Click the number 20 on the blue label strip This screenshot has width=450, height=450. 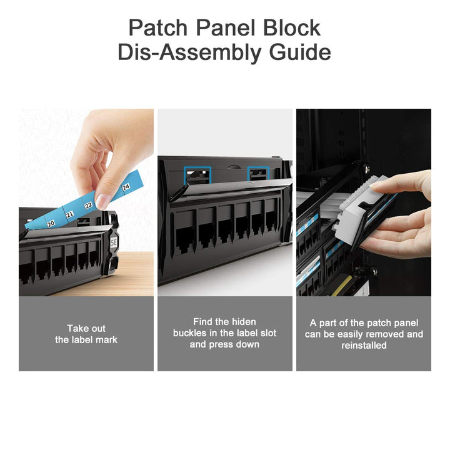(51, 222)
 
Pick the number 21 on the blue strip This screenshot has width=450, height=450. (70, 214)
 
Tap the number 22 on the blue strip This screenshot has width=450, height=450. (89, 205)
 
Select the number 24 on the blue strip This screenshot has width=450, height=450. (126, 187)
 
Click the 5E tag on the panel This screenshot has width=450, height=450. (114, 240)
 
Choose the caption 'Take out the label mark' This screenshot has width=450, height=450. (86, 334)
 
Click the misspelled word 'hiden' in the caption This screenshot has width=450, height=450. (242, 321)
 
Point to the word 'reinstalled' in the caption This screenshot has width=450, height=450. (364, 345)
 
